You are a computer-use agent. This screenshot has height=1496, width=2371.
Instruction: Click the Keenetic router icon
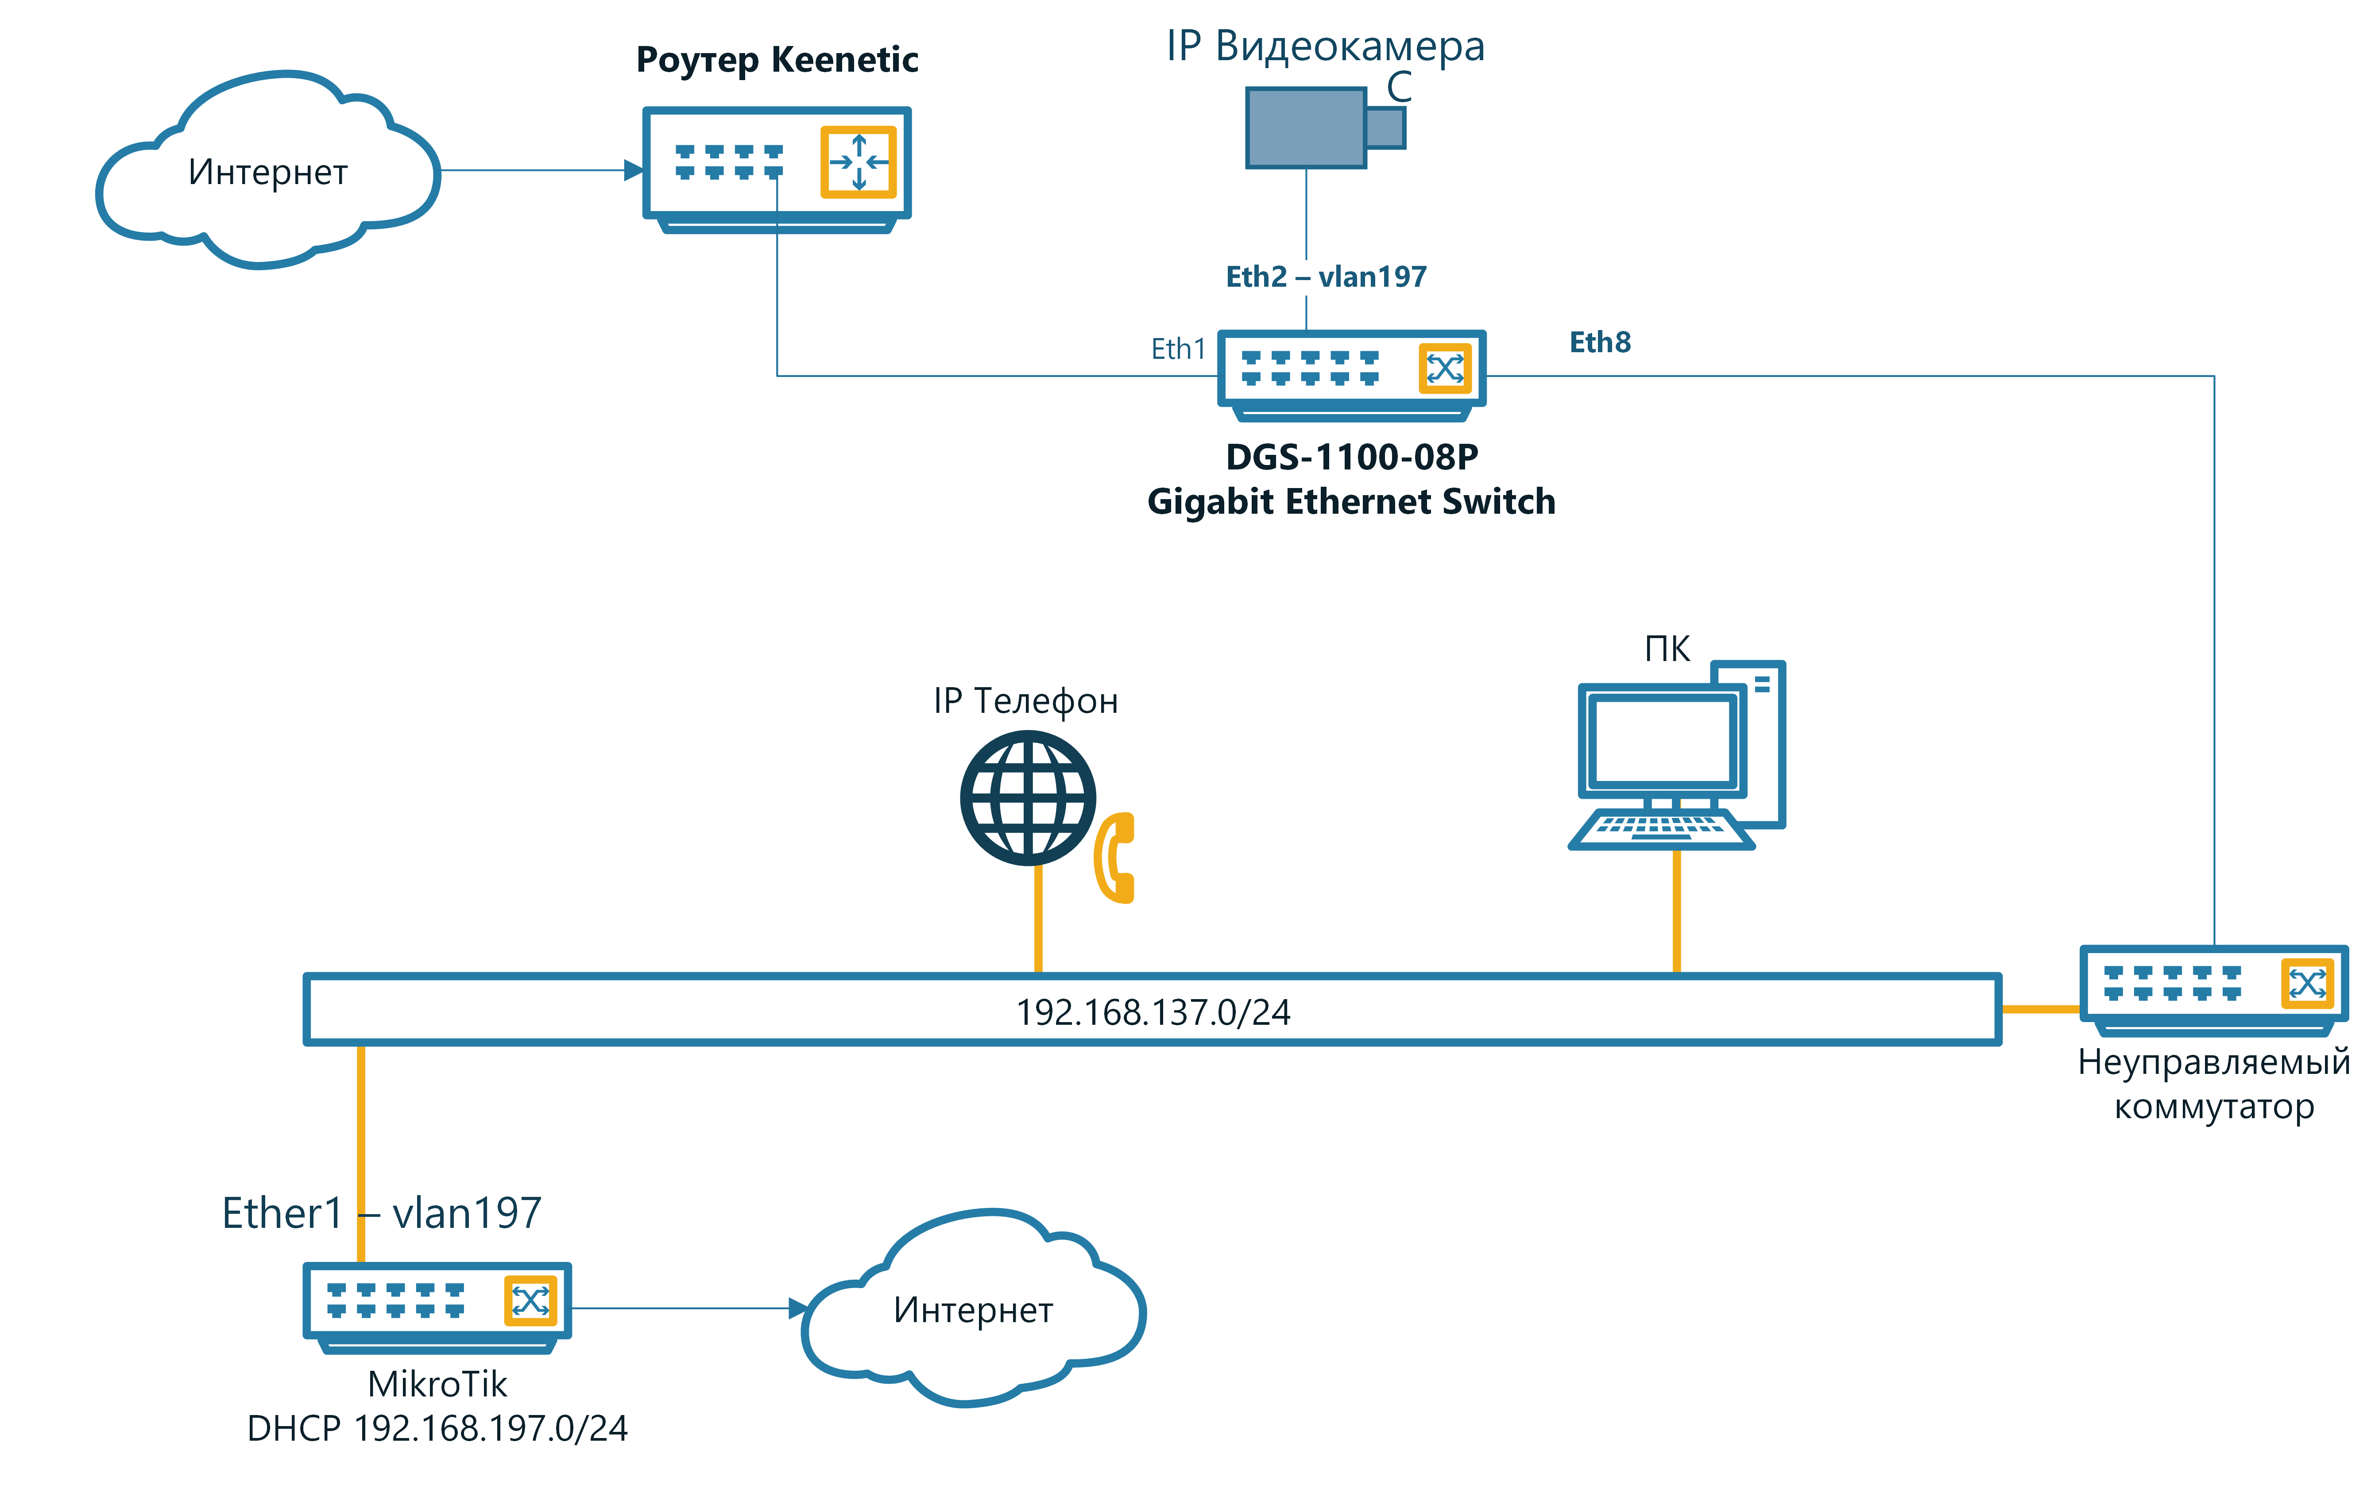[776, 167]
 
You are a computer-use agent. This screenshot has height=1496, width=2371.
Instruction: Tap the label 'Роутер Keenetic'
[777, 60]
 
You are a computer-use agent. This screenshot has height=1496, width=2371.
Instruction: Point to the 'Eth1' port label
[1178, 350]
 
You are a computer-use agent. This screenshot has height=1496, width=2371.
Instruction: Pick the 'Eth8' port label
[1599, 342]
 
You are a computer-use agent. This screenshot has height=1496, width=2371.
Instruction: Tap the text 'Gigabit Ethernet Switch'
[1351, 502]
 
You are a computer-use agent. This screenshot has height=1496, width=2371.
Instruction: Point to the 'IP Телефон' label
[1025, 701]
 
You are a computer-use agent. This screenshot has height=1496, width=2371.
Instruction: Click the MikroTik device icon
[436, 1304]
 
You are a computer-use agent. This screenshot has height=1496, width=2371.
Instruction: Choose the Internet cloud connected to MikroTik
[973, 1309]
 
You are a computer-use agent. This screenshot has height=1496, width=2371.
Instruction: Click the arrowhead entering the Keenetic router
[633, 170]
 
